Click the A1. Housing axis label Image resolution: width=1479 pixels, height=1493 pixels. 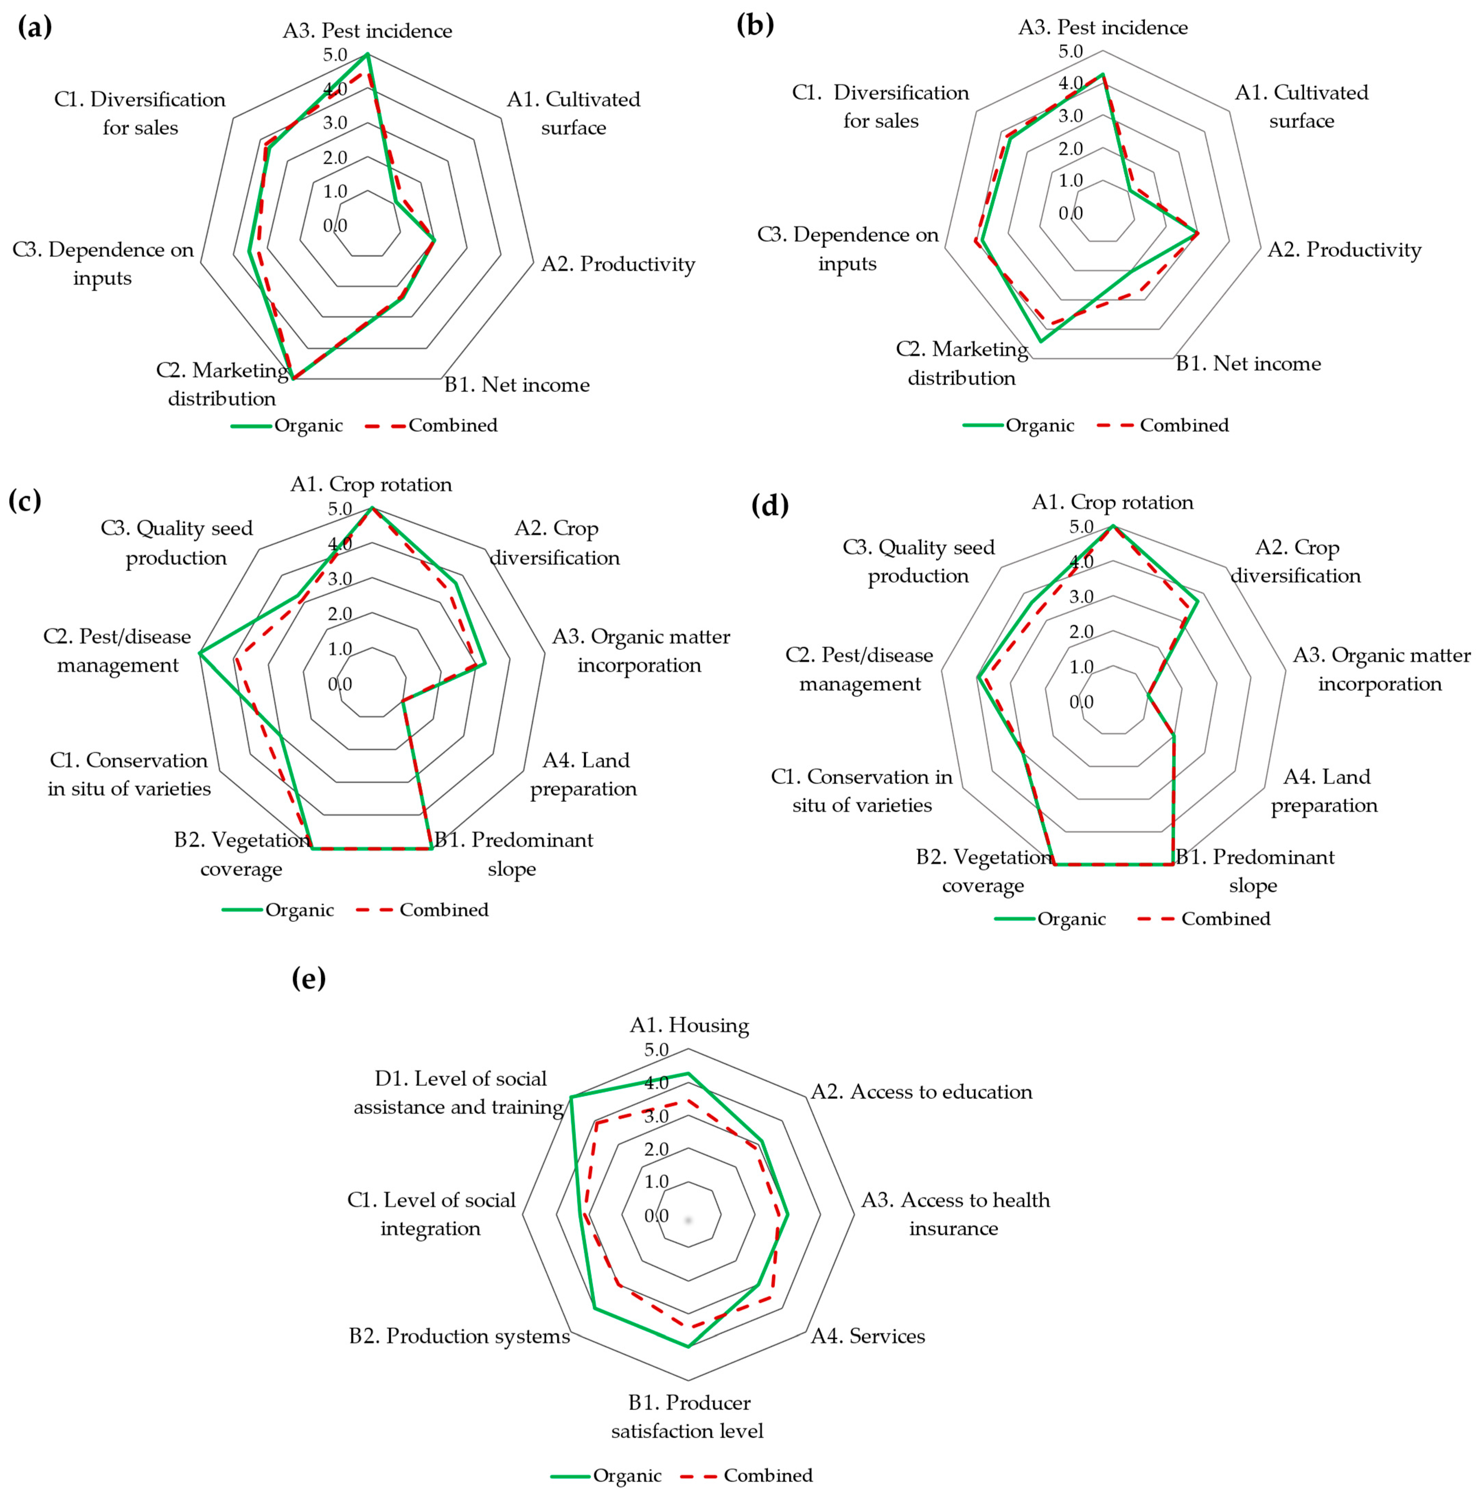pos(689,1026)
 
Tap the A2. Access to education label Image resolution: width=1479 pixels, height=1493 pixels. pos(921,1092)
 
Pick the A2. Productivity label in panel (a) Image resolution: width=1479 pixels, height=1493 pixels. pos(618,264)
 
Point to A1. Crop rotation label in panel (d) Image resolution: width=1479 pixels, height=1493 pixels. pos(1113,502)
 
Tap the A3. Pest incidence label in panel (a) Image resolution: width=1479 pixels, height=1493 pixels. pos(367,31)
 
